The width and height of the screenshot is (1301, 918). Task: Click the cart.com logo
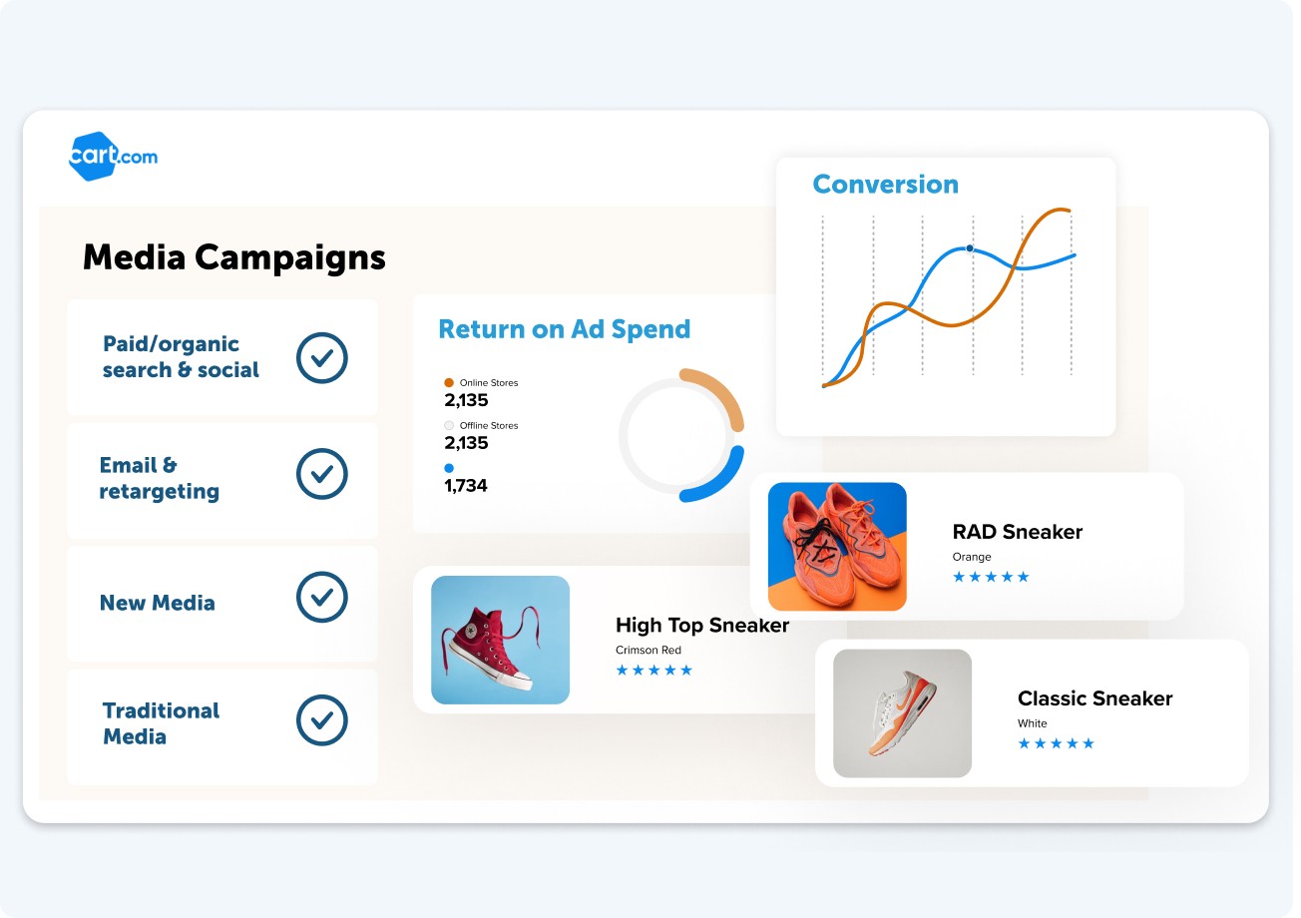tap(113, 157)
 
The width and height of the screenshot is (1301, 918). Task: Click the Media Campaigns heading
tap(234, 257)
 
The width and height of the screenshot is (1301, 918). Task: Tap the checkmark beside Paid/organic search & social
tap(322, 357)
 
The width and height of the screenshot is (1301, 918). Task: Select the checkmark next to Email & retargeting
tap(322, 474)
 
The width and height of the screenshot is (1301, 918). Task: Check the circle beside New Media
tap(322, 597)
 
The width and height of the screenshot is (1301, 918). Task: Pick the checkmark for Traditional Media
tap(322, 719)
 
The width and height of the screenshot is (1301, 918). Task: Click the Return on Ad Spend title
tap(564, 329)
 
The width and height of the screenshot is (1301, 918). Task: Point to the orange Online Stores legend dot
tap(449, 382)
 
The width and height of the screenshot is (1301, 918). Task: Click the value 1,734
tap(466, 485)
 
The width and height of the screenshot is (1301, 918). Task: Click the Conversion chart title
tap(885, 185)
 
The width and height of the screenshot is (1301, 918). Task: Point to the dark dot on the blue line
tap(970, 248)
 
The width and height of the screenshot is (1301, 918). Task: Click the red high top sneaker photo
tap(500, 640)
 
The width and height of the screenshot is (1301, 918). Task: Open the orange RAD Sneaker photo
tap(837, 546)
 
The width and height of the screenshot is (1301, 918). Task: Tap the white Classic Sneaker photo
tap(902, 712)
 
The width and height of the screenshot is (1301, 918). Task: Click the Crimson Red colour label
tap(649, 650)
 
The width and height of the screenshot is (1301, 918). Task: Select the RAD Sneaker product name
tap(1018, 532)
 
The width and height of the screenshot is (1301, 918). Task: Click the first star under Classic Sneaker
tap(1024, 743)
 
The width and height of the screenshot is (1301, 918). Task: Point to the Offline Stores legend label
tap(489, 425)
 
